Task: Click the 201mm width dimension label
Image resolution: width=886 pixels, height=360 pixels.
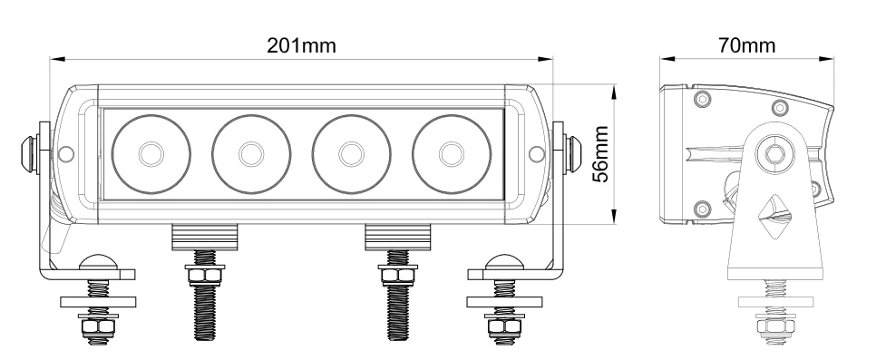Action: [301, 45]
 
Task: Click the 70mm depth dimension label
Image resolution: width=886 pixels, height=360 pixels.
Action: [747, 45]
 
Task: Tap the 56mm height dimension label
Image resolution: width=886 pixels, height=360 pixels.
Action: [600, 154]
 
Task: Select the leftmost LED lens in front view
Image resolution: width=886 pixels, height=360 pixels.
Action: [151, 154]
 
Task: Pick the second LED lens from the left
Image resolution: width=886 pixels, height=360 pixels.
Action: [251, 154]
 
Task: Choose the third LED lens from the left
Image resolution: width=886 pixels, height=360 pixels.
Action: [352, 154]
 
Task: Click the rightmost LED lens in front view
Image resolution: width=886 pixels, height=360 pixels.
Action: [452, 154]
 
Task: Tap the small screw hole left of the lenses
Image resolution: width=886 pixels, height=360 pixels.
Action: [66, 154]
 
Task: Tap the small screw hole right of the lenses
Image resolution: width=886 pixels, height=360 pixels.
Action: [536, 154]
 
